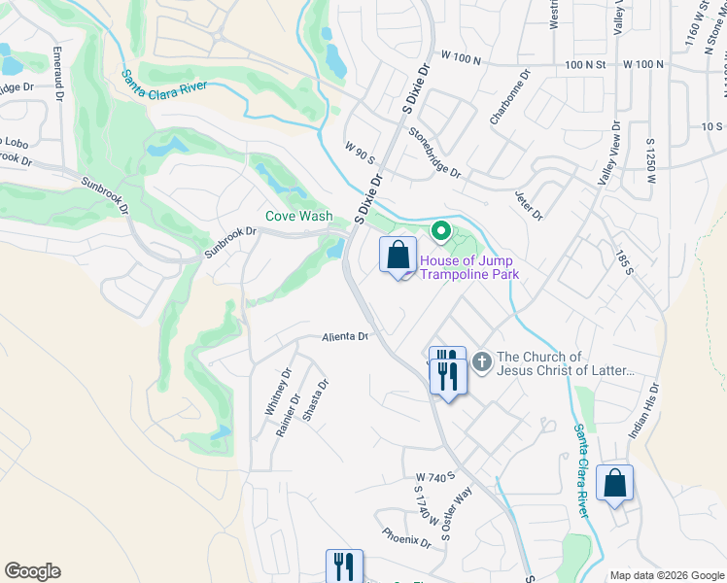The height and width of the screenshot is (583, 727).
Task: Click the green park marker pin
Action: (440, 230)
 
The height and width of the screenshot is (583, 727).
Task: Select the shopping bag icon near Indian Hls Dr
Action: (615, 483)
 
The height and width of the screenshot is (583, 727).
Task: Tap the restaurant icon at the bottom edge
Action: (343, 566)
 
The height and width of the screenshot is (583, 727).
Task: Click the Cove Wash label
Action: (299, 216)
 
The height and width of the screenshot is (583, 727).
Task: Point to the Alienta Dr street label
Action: (346, 337)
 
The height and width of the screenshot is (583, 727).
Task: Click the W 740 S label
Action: (434, 478)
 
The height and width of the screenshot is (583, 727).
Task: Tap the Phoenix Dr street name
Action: (406, 536)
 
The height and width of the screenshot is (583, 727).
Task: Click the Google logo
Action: (32, 571)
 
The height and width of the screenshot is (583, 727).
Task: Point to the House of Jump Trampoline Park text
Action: (469, 268)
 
